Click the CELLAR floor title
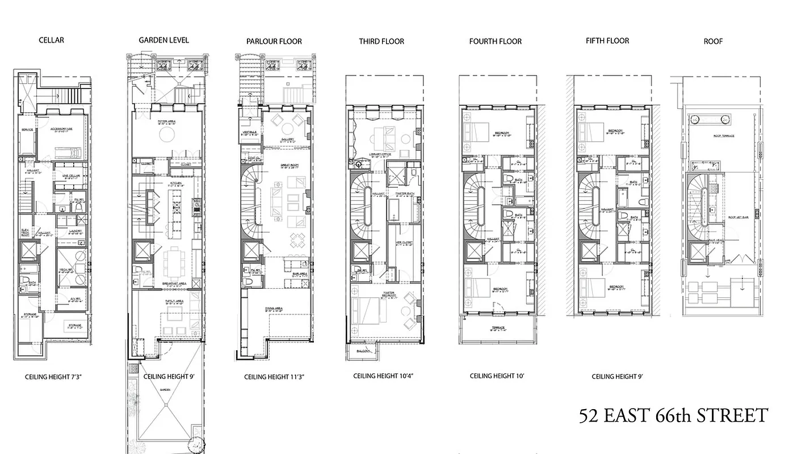51,40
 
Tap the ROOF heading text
713,41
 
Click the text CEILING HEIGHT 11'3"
275,377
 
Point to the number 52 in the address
590,416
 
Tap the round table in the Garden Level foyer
167,134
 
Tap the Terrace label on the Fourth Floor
498,328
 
